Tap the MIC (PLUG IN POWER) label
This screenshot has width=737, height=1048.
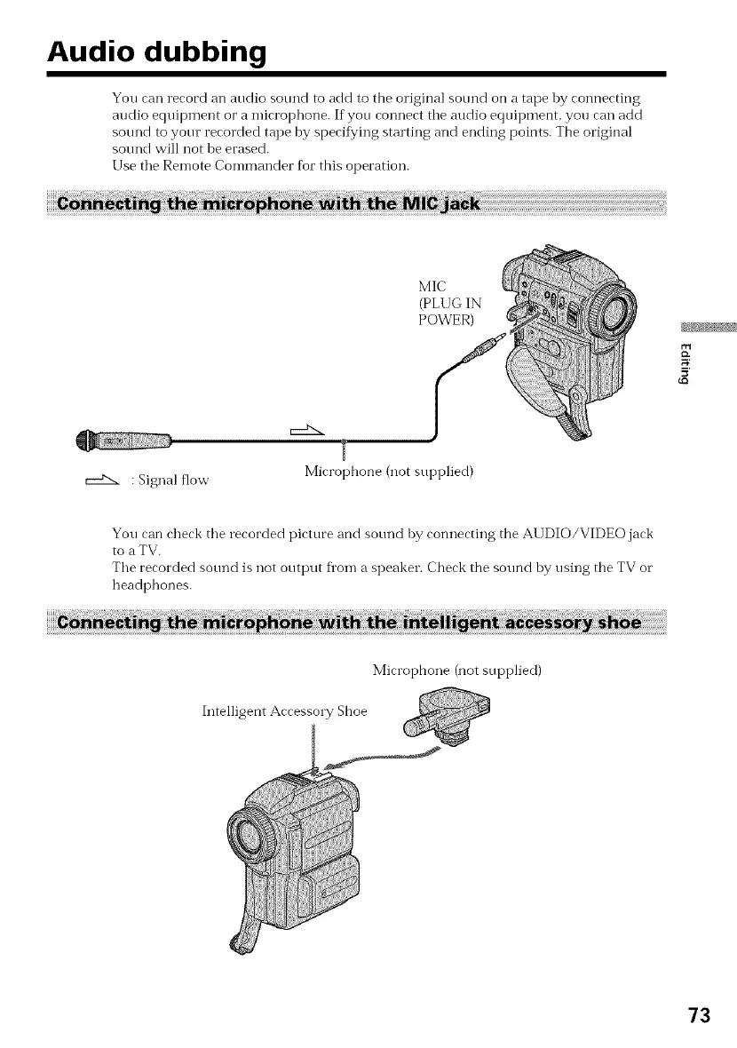(444, 303)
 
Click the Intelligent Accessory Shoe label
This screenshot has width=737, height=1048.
(285, 710)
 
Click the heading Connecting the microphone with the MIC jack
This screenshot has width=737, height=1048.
(266, 205)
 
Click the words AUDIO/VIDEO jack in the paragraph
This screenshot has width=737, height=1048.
(590, 534)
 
